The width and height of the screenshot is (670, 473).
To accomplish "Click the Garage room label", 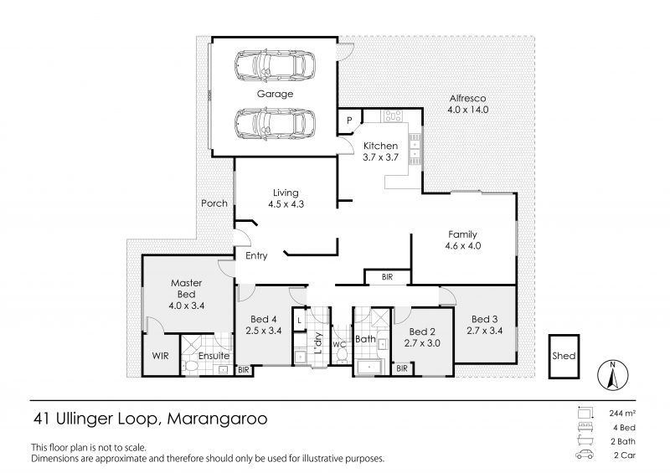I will tap(275, 94).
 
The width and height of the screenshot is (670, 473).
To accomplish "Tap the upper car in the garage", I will tap(275, 64).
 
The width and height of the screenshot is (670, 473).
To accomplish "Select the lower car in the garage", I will tap(275, 123).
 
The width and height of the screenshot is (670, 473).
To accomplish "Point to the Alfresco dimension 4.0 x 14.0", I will tap(467, 110).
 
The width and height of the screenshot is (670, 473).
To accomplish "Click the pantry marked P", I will tap(348, 121).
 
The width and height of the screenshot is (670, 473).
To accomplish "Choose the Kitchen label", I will tap(379, 146).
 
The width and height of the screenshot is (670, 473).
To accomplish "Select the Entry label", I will tap(256, 256).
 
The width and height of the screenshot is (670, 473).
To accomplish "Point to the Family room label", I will tap(463, 235).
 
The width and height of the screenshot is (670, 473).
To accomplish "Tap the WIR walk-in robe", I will tap(159, 356).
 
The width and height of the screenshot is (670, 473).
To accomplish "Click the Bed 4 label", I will tap(264, 319).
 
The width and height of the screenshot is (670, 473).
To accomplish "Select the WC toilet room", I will tap(340, 343).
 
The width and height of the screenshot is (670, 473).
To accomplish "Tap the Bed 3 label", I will tap(484, 319).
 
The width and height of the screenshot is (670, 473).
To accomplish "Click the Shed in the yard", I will tap(564, 356).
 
